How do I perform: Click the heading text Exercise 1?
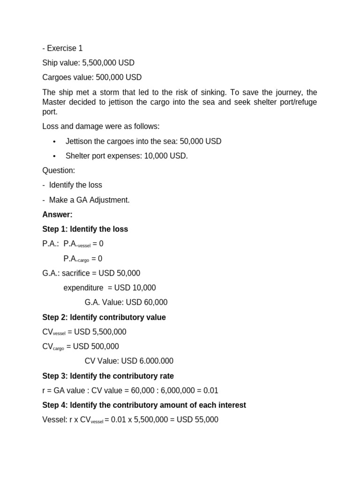click(66, 48)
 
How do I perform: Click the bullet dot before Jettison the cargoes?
click(55, 142)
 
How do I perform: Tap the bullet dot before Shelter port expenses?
click(55, 156)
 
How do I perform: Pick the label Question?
click(59, 171)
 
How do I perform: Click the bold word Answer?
click(57, 215)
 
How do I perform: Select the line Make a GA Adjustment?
click(89, 200)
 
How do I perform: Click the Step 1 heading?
click(85, 229)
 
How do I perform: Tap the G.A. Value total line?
click(126, 302)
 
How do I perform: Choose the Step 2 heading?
click(104, 317)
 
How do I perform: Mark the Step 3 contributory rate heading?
click(108, 376)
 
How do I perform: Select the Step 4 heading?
click(144, 405)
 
